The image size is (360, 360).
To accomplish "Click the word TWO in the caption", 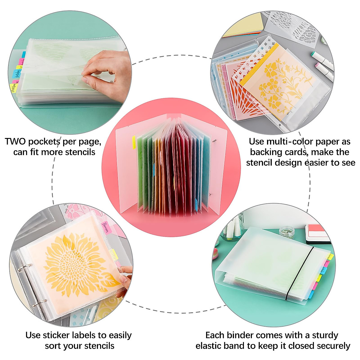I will tap(15, 141).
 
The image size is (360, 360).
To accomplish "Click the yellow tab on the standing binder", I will tap(134, 142).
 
